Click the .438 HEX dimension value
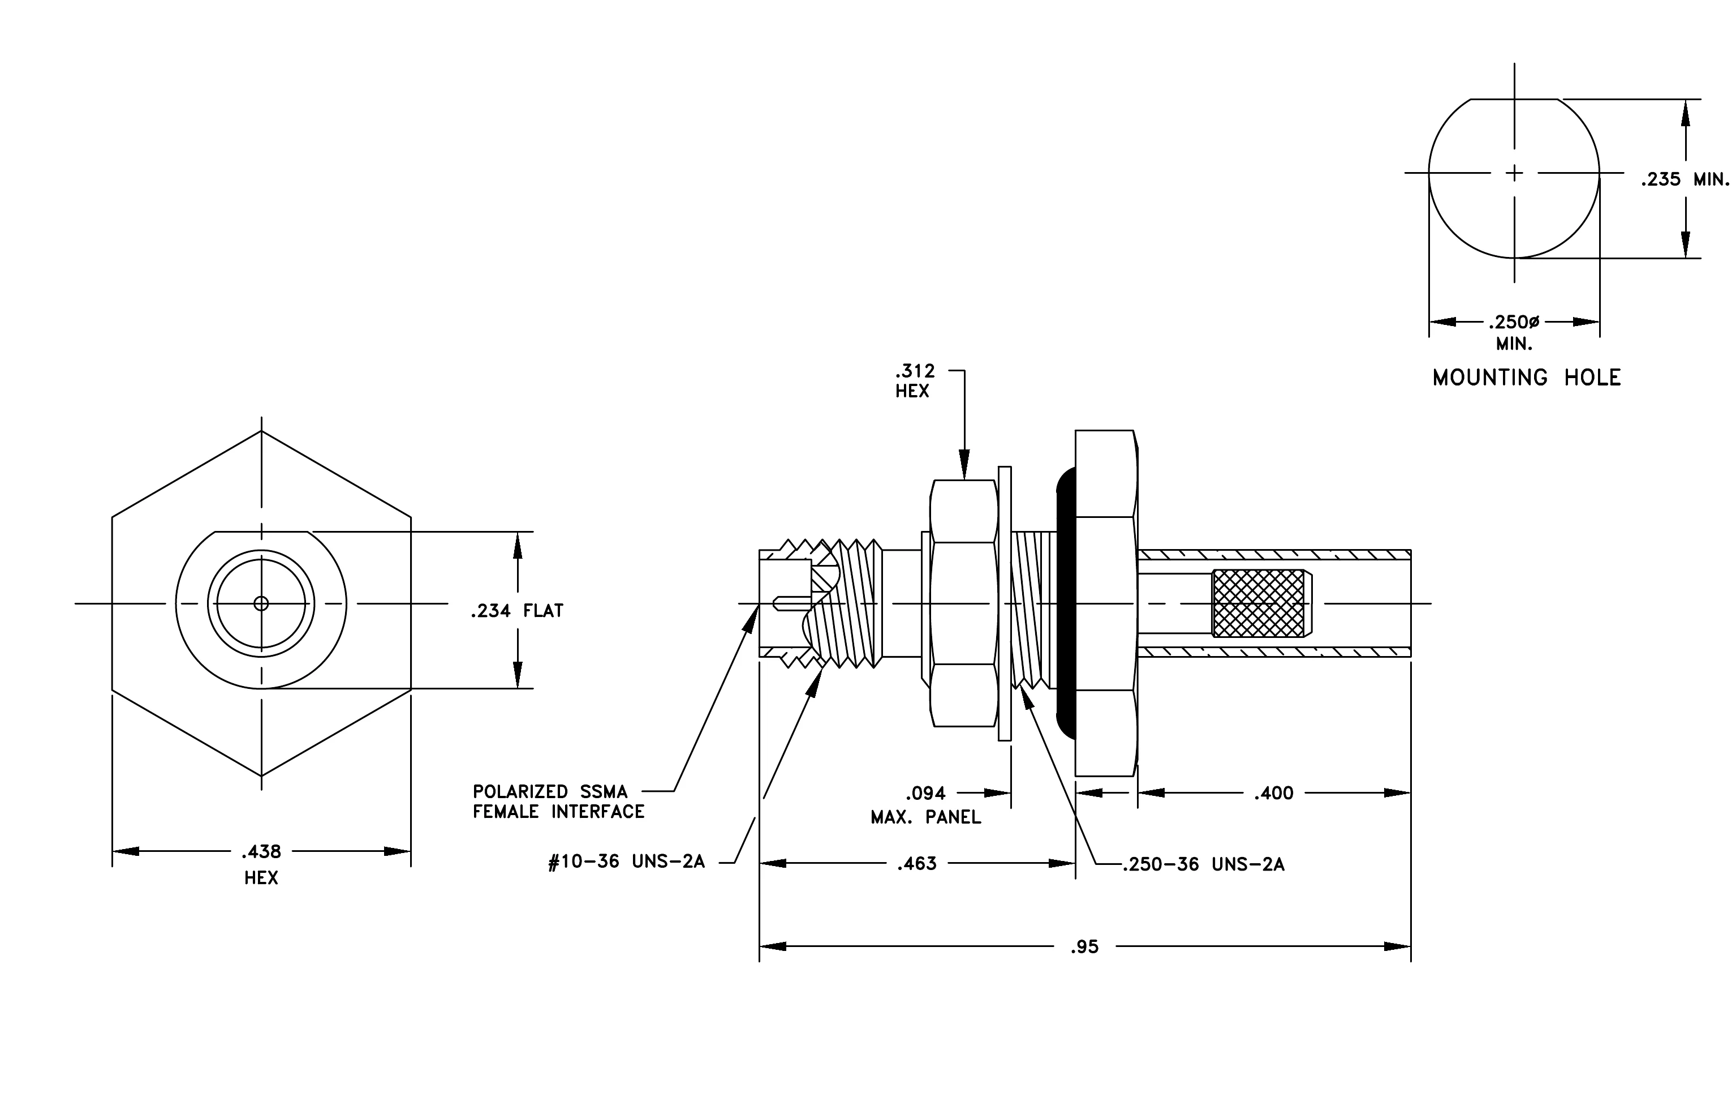coord(261,864)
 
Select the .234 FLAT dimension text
coord(517,611)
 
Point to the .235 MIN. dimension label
coord(1685,179)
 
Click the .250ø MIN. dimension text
coord(1514,332)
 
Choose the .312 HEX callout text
coord(914,381)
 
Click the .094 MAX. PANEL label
coord(925,805)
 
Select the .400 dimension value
coord(1274,794)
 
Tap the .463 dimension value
coord(916,863)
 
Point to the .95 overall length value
coord(1084,946)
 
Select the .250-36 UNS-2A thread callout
coord(1203,864)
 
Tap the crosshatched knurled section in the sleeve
coord(1258,603)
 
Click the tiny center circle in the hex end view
coord(261,603)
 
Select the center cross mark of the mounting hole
coord(1514,173)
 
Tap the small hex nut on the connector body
coord(963,603)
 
